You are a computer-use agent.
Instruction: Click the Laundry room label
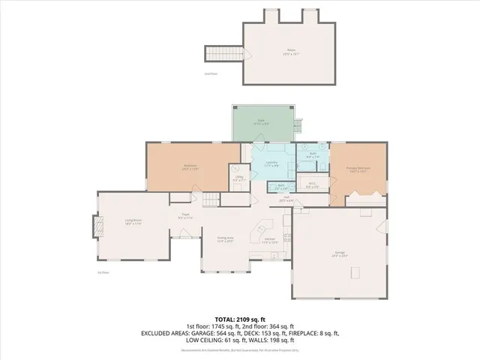(272, 163)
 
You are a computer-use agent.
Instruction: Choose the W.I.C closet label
(313, 185)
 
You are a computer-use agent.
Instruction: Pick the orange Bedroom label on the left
(190, 166)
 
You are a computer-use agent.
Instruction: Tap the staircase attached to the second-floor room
(225, 54)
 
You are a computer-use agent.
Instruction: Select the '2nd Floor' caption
(211, 74)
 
